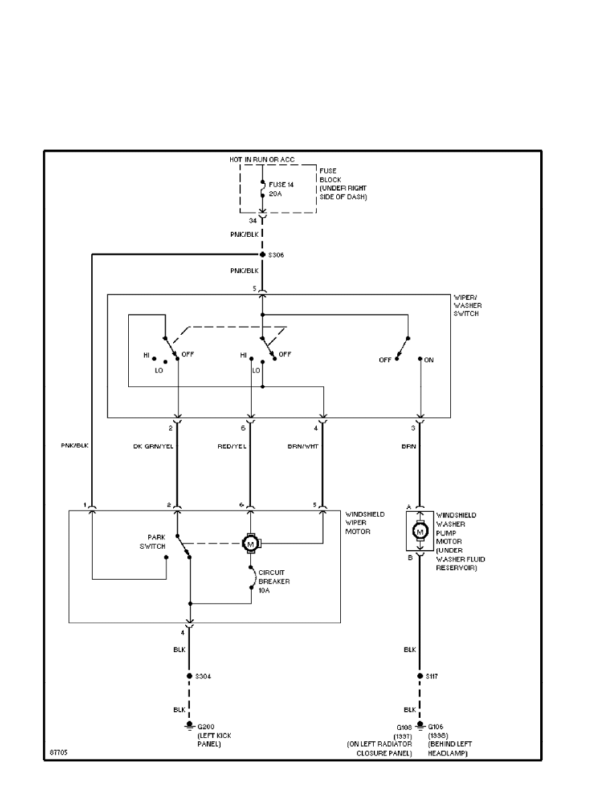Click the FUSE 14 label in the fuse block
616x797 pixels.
pos(281,183)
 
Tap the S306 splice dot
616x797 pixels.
pos(262,255)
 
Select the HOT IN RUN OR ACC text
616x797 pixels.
pos(262,159)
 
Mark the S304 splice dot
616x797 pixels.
pos(190,676)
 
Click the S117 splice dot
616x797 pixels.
pos(420,676)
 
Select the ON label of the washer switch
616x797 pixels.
pos(429,360)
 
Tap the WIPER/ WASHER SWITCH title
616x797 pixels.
pos(466,305)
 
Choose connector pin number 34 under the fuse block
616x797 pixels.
pos(252,220)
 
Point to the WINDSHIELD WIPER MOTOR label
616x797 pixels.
pos(366,523)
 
